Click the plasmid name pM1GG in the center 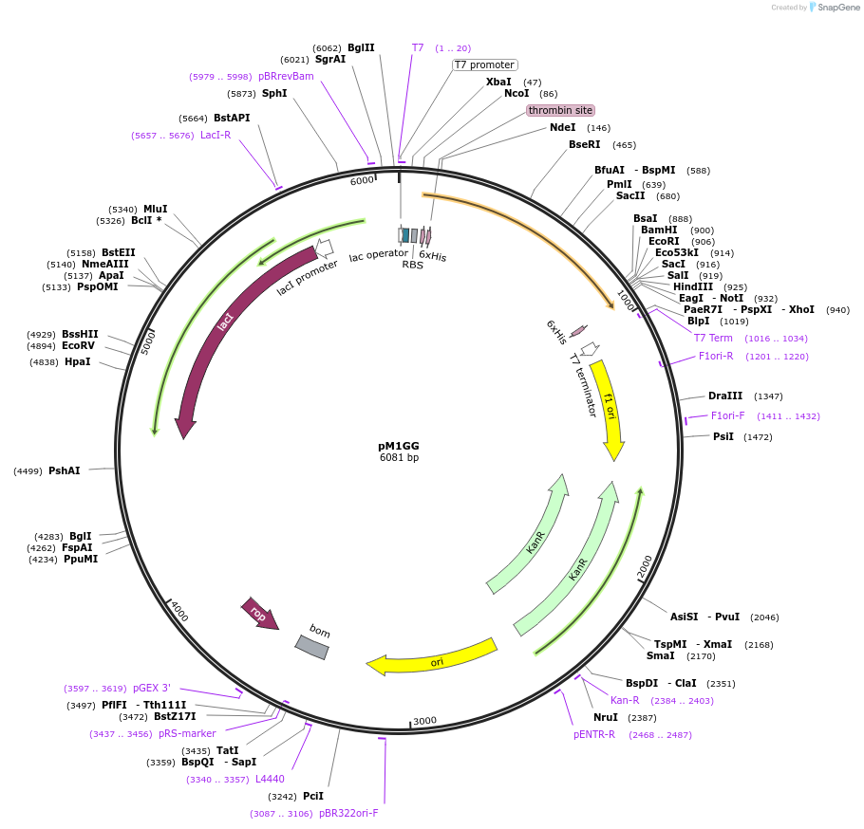(x=399, y=446)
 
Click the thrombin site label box (x=560, y=110)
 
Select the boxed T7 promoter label (x=484, y=65)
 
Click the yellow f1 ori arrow (x=610, y=408)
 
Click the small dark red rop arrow (x=259, y=613)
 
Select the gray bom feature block (x=312, y=646)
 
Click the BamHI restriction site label (x=659, y=230)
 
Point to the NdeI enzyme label (x=563, y=128)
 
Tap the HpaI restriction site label (x=79, y=362)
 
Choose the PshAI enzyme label (x=65, y=470)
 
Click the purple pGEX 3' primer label (x=152, y=689)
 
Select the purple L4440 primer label (x=270, y=780)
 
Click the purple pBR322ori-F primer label (x=348, y=814)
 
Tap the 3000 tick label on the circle (x=424, y=721)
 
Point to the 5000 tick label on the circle (x=148, y=342)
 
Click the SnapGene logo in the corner (x=834, y=8)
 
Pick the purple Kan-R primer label (x=625, y=701)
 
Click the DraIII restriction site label (x=725, y=396)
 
